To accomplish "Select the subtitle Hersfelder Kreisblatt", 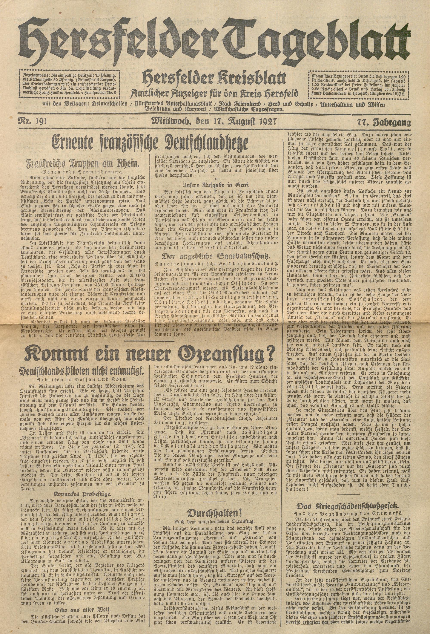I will (215, 79).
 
